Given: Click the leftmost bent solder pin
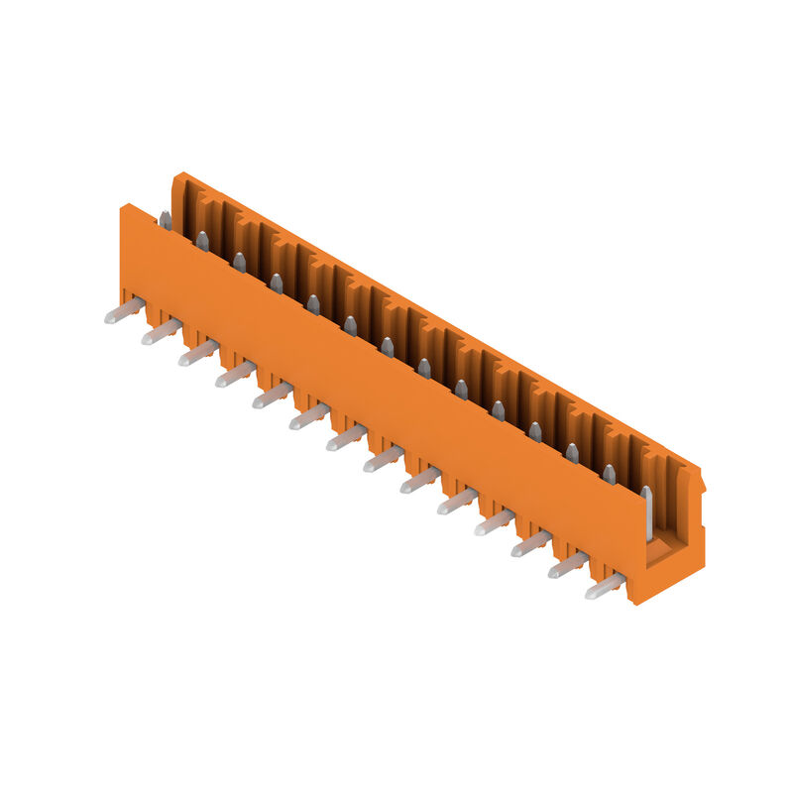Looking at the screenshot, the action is (x=124, y=312).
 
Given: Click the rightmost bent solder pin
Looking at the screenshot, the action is (x=604, y=588).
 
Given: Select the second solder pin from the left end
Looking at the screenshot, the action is (x=161, y=333).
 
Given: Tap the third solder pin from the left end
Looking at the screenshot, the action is (x=197, y=354).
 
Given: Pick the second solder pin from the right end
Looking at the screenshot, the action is (x=567, y=567).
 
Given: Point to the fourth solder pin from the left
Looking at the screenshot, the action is (x=235, y=375).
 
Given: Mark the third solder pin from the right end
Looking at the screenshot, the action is (x=530, y=545).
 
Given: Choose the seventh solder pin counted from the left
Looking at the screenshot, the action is (x=346, y=438).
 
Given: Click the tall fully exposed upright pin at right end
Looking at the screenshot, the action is (x=646, y=510).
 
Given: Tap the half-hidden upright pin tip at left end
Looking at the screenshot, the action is (x=166, y=220).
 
